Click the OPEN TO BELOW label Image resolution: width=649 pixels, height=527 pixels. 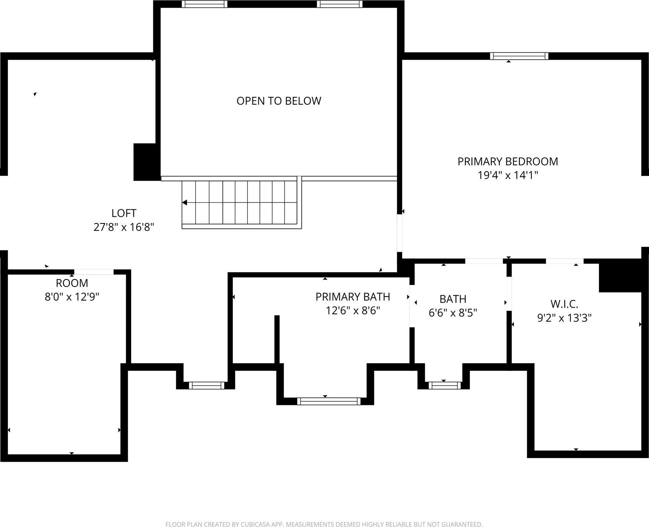pyautogui.click(x=278, y=101)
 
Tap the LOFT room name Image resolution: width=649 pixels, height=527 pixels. pyautogui.click(x=124, y=213)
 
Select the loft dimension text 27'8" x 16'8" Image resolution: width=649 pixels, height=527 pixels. pyautogui.click(x=124, y=227)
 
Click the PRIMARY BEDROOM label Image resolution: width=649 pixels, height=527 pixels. pyautogui.click(x=508, y=161)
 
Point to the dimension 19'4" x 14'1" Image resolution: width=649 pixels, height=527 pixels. pyautogui.click(x=508, y=175)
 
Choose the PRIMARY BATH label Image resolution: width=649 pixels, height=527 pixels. pyautogui.click(x=353, y=297)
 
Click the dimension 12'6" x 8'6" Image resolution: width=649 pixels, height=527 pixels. pyautogui.click(x=353, y=311)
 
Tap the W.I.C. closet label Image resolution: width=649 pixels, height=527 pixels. pyautogui.click(x=564, y=304)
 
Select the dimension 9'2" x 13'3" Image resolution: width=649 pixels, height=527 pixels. pyautogui.click(x=564, y=318)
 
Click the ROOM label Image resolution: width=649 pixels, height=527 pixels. pyautogui.click(x=72, y=283)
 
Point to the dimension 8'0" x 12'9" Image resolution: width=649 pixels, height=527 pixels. pyautogui.click(x=72, y=297)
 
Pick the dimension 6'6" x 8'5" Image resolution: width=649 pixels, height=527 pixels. pyautogui.click(x=453, y=313)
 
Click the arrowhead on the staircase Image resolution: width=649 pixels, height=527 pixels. pyautogui.click(x=185, y=203)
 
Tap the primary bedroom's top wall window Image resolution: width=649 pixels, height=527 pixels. pyautogui.click(x=519, y=56)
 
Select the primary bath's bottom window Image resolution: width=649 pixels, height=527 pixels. pyautogui.click(x=329, y=401)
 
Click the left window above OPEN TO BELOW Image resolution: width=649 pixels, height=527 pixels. pyautogui.click(x=204, y=4)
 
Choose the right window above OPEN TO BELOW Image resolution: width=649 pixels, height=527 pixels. pyautogui.click(x=339, y=4)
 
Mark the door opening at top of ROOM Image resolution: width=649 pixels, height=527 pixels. pyautogui.click(x=94, y=272)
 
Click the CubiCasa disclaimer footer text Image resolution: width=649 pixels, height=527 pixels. pyautogui.click(x=324, y=524)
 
